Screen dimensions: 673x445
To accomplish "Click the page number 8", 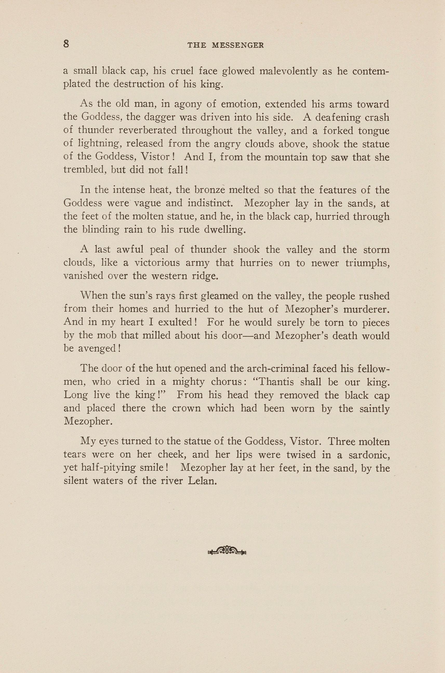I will [x=66, y=44].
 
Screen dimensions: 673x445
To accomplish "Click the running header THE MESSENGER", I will [x=226, y=45].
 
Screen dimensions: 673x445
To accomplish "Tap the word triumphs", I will [x=367, y=263].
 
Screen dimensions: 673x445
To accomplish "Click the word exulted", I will [x=177, y=322].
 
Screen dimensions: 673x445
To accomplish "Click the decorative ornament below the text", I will [x=227, y=551].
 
